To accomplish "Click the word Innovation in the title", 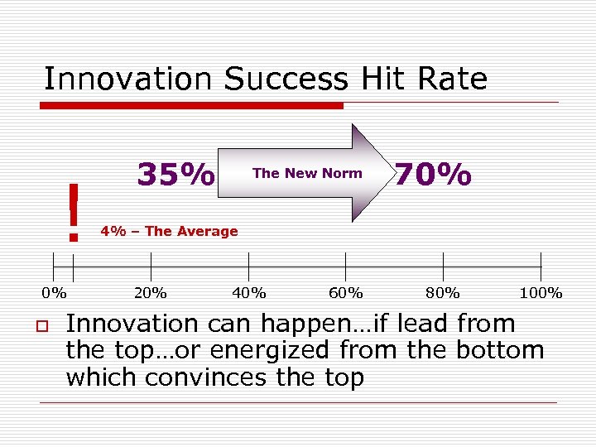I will [129, 79].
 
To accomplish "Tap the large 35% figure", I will [175, 175].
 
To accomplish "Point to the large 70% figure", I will [433, 175].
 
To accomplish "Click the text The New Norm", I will [307, 173].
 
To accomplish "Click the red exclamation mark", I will [74, 213].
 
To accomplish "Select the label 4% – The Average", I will [169, 232].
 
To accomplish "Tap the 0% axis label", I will [55, 292].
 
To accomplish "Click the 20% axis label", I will [151, 292].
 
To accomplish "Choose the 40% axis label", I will [249, 292].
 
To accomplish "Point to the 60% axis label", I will [346, 292].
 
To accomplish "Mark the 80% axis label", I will [444, 292].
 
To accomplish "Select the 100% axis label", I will [541, 292].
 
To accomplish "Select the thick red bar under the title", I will [191, 106].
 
